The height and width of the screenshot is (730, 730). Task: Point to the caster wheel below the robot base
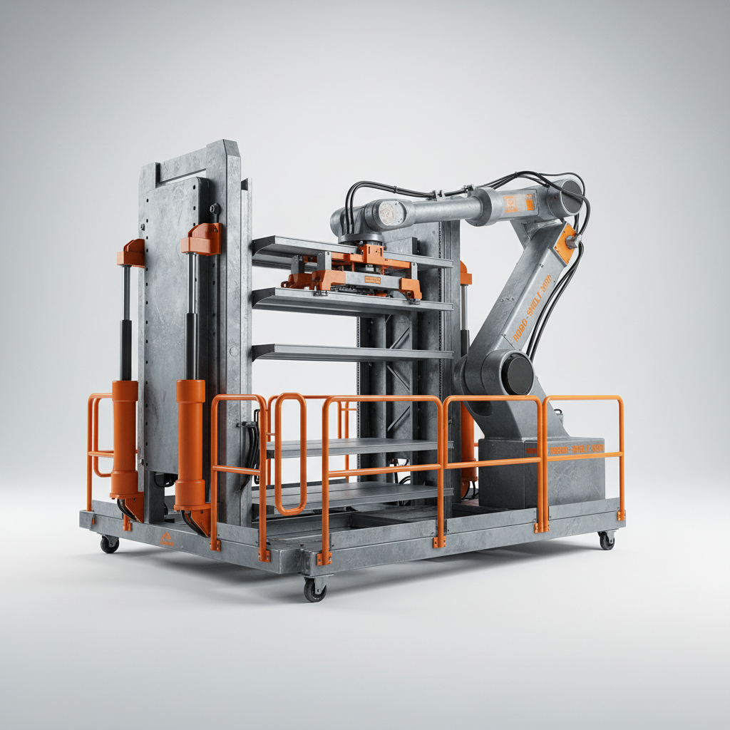[x=606, y=540]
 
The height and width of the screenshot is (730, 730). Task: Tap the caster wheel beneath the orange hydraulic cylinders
[x=109, y=544]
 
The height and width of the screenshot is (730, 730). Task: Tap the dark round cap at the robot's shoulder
[x=570, y=196]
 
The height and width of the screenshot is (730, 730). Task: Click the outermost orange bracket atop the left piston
[x=132, y=253]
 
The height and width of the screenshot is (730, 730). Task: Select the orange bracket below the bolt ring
[x=202, y=240]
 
